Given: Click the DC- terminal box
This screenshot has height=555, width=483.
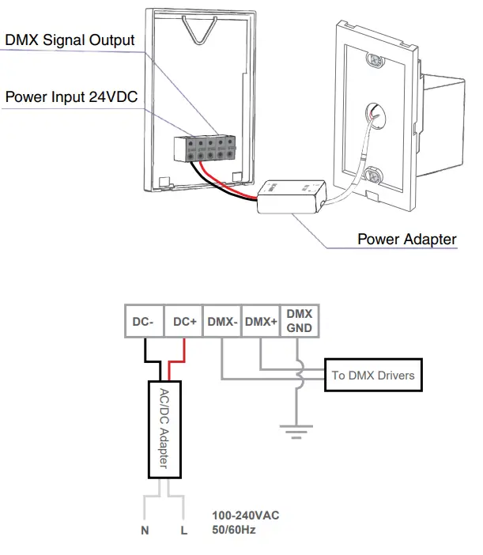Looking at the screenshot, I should click(144, 323).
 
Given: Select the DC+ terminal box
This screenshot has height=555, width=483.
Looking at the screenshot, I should click(183, 323).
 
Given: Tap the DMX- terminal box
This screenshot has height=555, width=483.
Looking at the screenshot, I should click(222, 323).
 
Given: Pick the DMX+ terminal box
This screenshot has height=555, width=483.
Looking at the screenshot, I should click(261, 323).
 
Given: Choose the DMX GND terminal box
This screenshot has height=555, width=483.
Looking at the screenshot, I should click(299, 321).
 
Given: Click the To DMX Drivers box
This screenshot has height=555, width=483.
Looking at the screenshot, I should click(372, 375).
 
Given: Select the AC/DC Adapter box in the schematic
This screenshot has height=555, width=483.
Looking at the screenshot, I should click(165, 429).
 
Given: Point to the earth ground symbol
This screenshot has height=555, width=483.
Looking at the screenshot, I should click(295, 431).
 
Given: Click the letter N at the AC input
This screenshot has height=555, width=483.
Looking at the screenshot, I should click(145, 531).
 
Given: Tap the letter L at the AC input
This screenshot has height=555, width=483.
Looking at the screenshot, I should click(184, 531).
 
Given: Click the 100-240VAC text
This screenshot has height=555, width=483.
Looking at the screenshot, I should click(245, 515).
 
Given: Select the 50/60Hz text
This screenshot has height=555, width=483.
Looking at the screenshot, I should click(233, 530).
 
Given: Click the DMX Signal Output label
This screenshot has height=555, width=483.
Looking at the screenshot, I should click(70, 40).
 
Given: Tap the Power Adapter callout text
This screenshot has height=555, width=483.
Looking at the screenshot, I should click(406, 239).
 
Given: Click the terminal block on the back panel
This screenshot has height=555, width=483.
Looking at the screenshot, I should click(206, 147).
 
